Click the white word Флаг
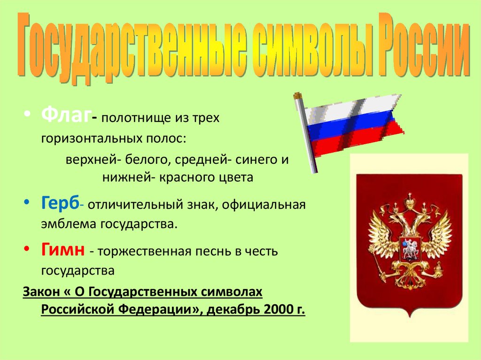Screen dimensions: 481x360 click(66, 115)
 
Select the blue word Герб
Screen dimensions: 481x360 click(60, 203)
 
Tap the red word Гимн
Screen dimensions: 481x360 click(63, 249)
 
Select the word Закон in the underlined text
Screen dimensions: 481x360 click(41, 291)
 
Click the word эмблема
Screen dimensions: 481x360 click(69, 224)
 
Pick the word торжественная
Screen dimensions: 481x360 click(144, 252)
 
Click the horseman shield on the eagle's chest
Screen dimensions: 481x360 click(410, 249)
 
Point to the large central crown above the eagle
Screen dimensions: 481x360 click(410, 202)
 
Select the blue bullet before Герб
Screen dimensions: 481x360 click(27, 202)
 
